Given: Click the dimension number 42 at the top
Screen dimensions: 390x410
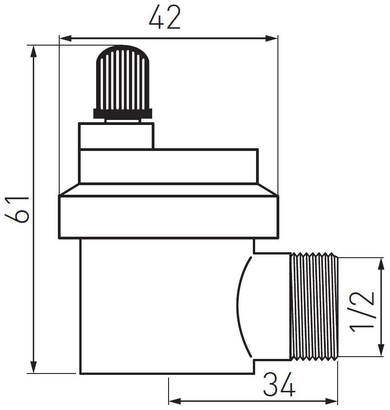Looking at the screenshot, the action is (x=165, y=17).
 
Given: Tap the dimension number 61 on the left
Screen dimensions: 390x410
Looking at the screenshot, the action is (x=17, y=209).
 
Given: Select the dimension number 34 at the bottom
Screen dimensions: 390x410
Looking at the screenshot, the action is (x=279, y=385).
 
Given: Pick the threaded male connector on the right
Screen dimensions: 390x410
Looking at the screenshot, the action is (x=314, y=306).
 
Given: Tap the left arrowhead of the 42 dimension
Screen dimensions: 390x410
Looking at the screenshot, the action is (x=65, y=39).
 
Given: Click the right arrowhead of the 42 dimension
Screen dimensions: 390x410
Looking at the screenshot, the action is (x=272, y=39).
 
